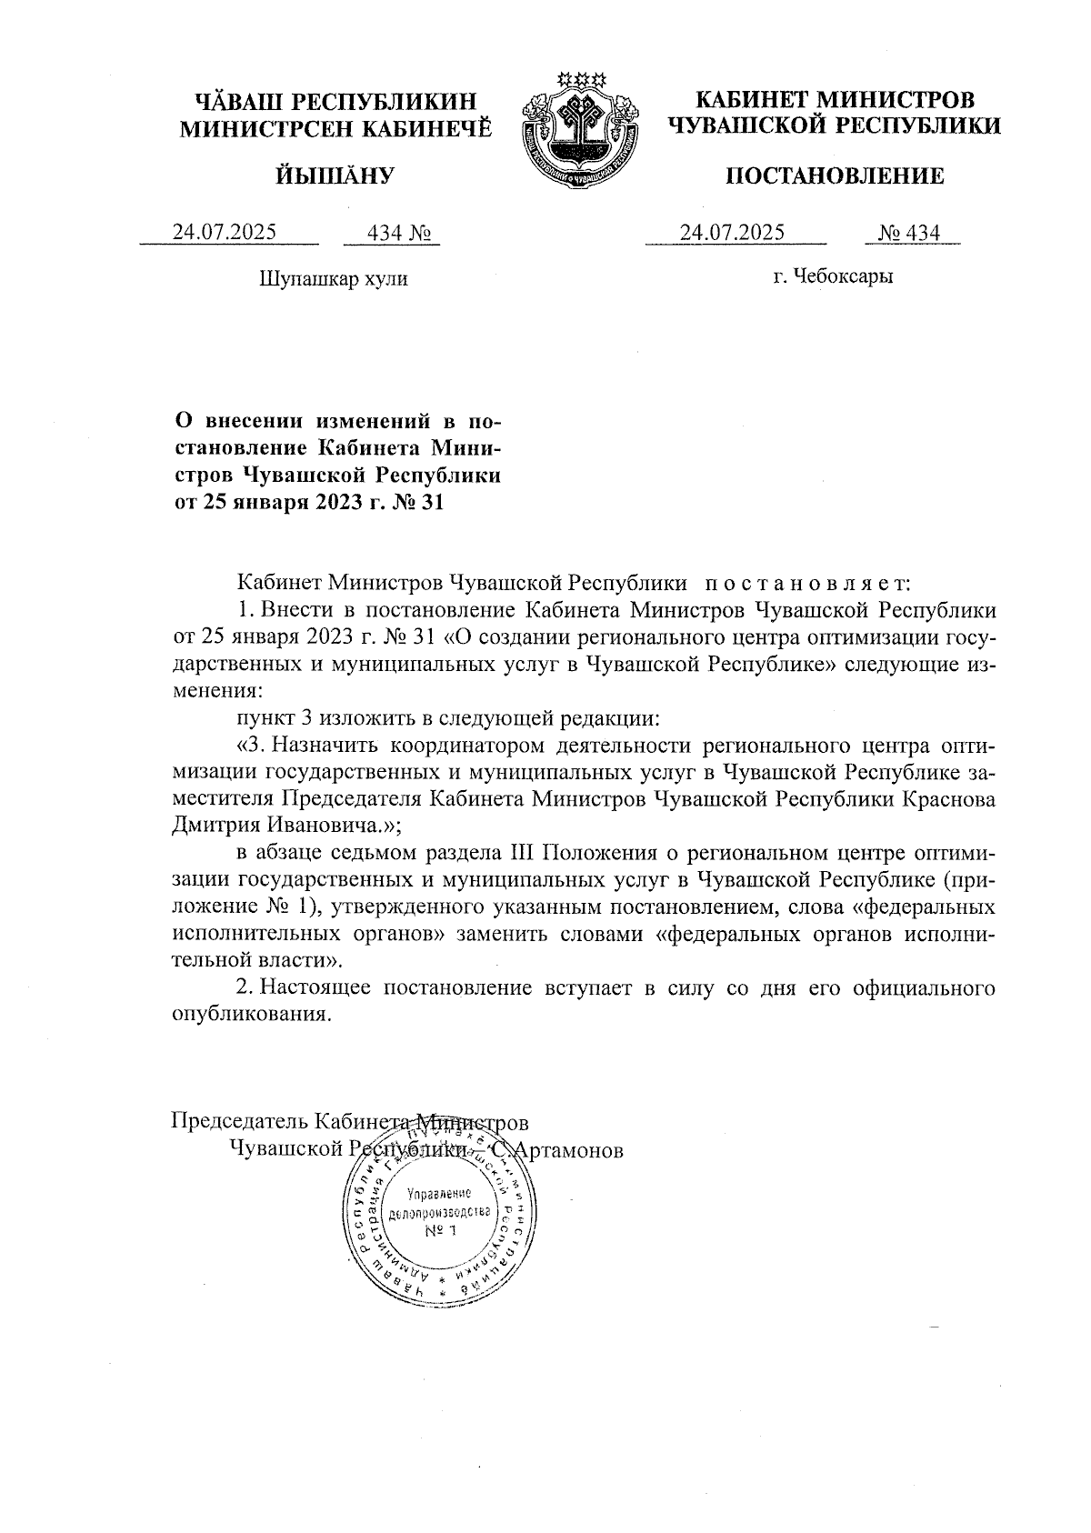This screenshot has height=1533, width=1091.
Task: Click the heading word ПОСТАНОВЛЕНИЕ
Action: pyautogui.click(x=834, y=175)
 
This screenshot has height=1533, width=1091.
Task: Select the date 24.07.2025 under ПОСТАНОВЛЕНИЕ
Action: pyautogui.click(x=733, y=233)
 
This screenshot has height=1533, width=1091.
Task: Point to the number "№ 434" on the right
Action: pyautogui.click(x=909, y=233)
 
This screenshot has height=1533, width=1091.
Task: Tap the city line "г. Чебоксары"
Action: pyautogui.click(x=833, y=276)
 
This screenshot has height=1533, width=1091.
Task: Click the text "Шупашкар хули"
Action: pyautogui.click(x=334, y=278)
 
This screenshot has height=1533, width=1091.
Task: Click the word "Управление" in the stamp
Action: pyautogui.click(x=439, y=1195)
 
